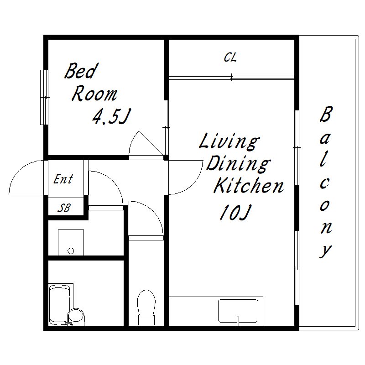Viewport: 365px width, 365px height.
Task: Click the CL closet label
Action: coord(230,57)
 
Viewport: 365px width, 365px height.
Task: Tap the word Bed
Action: coord(81,71)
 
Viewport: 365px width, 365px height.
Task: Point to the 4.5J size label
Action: coord(111,116)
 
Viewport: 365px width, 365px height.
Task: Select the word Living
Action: coord(229,141)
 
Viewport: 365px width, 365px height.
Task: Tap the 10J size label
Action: coord(235,212)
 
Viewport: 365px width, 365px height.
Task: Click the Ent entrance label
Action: coord(63,179)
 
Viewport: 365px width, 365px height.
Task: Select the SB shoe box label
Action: coord(64,208)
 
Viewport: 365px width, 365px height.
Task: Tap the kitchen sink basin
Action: coord(238,311)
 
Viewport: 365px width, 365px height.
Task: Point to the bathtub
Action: coord(59,304)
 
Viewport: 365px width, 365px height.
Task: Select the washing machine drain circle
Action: coord(71,251)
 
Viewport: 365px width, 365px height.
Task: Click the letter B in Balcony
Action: coord(326,114)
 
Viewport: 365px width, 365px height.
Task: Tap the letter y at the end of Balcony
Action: coord(325,251)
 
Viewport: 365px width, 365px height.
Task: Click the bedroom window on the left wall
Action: coord(44,97)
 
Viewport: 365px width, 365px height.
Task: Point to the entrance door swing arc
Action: coord(26,177)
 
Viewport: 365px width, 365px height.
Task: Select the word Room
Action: coord(94,94)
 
